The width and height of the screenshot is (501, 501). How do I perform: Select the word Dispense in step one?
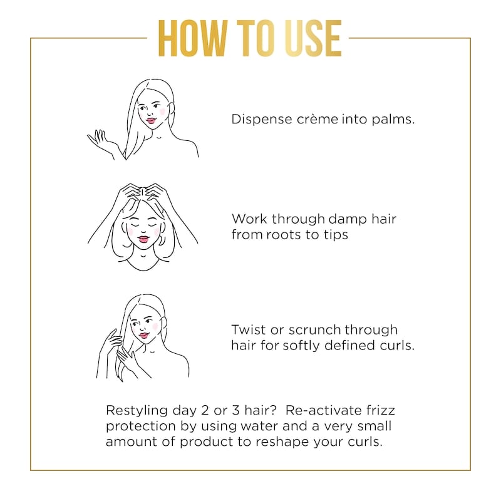[x=262, y=119]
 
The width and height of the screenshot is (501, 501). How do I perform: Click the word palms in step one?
[x=393, y=120]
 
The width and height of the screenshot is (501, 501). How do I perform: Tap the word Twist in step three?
[x=249, y=329]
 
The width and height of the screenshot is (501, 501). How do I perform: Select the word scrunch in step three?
[x=314, y=330]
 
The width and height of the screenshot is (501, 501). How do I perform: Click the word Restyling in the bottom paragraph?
[x=137, y=411]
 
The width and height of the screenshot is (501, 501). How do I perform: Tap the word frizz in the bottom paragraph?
[x=381, y=410]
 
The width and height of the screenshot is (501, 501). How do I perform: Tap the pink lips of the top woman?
[x=151, y=121]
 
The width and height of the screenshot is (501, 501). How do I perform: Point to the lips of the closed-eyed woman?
[x=143, y=239]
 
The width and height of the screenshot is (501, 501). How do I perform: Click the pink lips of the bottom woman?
[x=144, y=336]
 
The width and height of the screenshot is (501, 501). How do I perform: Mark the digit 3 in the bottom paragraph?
[x=236, y=410]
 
